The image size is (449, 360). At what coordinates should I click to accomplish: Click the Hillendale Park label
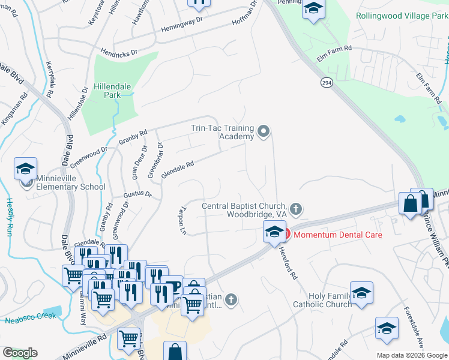(x=112, y=91)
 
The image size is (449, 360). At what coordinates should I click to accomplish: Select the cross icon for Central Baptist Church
(x=295, y=209)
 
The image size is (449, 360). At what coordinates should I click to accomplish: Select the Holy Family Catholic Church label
(x=322, y=300)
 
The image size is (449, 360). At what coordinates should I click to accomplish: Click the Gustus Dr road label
(x=137, y=194)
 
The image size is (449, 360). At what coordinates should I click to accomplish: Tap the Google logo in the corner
(x=20, y=353)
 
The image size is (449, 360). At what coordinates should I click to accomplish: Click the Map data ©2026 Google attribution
(x=411, y=355)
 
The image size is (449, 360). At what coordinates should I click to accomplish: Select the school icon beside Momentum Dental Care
(x=274, y=232)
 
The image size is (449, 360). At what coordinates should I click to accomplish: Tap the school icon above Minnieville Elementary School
(x=26, y=170)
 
